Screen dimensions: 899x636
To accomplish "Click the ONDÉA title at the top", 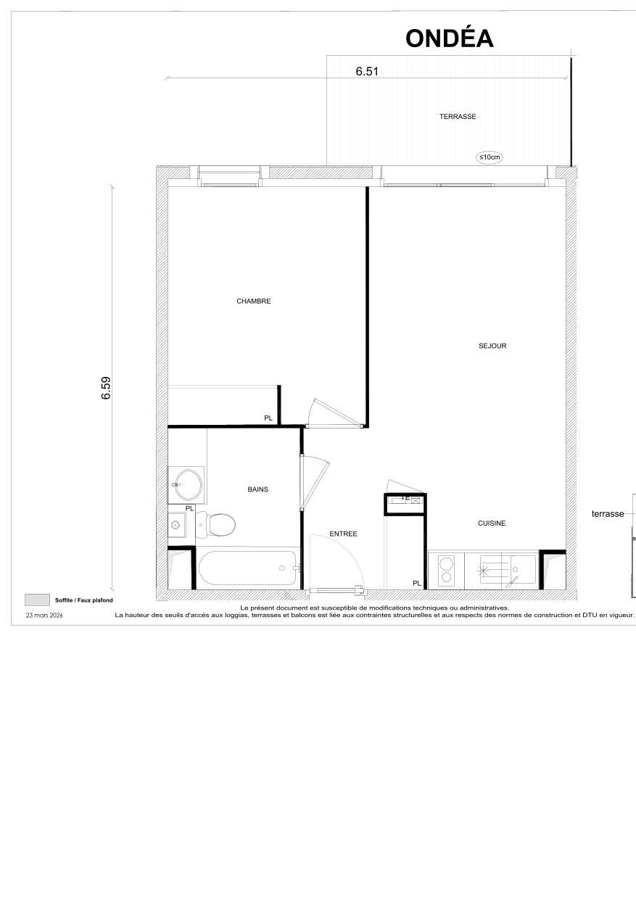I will (450, 38).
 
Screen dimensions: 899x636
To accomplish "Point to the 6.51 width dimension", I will (367, 71).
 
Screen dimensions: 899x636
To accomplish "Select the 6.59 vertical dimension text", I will (106, 389).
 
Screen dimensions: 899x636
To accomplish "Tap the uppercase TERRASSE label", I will (458, 116).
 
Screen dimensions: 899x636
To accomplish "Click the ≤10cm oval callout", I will (489, 157).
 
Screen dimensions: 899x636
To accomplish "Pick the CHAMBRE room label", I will (253, 302).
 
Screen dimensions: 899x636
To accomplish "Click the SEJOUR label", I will (492, 346).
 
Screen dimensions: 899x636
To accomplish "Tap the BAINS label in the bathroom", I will (257, 489).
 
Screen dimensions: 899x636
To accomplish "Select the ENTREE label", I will (343, 534).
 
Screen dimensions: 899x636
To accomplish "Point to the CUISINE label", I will (492, 523).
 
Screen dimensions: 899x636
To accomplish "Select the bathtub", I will (247, 568).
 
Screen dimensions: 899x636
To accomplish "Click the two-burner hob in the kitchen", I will (446, 571).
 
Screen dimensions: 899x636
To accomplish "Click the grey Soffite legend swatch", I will (36, 600).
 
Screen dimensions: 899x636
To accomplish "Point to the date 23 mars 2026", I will (45, 615).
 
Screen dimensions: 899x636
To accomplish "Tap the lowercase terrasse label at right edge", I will (608, 513).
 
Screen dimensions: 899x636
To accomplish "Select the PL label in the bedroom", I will (268, 418).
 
